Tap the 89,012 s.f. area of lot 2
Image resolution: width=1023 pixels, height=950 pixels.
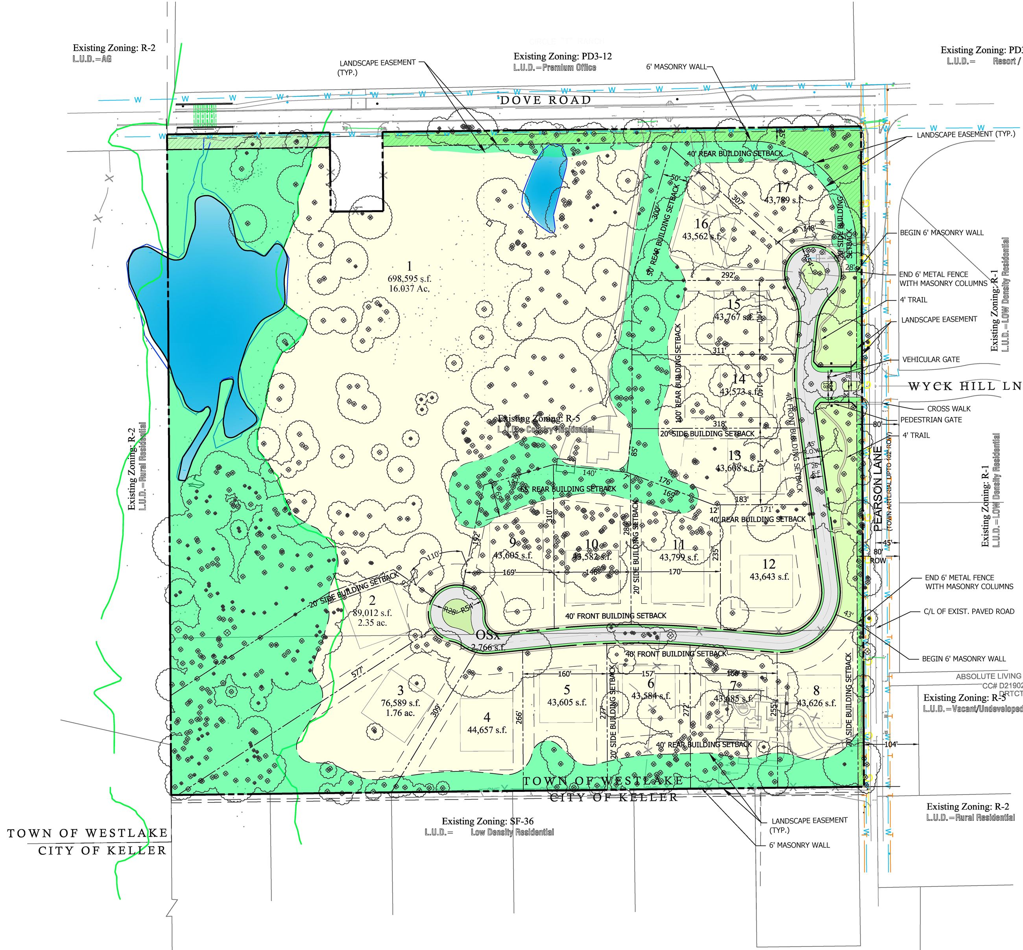372,613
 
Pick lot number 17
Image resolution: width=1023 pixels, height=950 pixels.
783,188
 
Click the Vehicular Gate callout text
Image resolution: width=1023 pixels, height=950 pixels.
931,359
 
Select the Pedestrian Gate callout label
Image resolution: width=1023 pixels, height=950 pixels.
931,420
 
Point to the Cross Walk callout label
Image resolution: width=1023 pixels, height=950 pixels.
949,409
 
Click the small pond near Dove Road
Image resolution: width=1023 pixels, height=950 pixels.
545,185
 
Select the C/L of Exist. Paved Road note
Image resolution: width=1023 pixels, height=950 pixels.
969,611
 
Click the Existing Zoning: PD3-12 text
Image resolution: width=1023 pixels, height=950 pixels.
562,57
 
